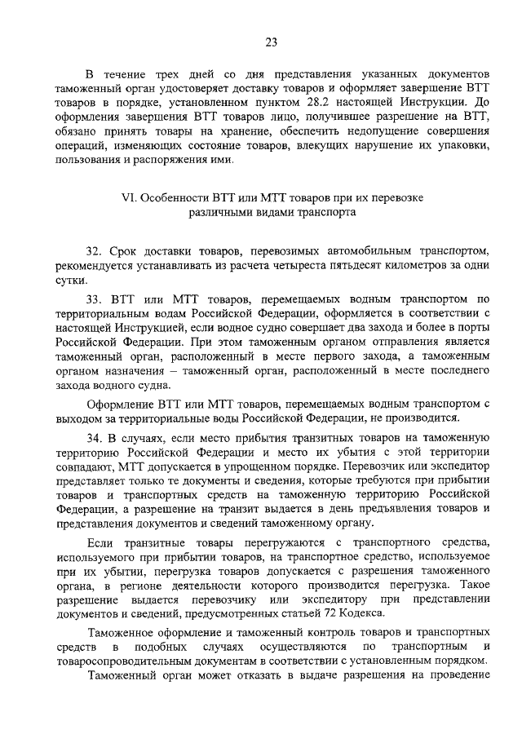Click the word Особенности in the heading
point(175,198)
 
